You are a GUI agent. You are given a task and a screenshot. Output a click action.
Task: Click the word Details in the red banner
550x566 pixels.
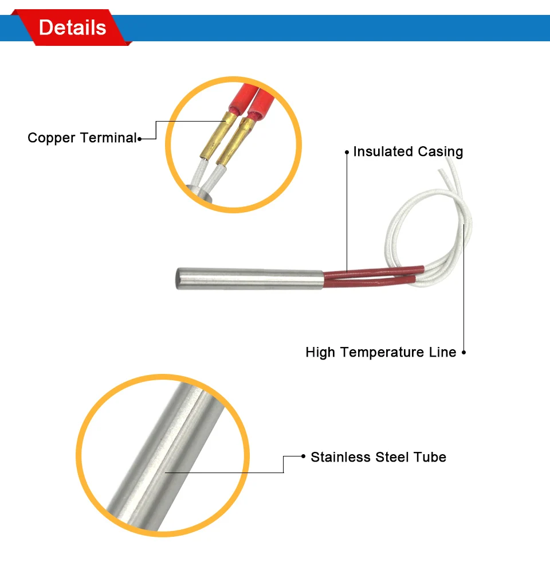pyautogui.click(x=73, y=28)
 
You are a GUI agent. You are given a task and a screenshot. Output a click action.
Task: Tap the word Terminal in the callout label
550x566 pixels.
pyautogui.click(x=108, y=138)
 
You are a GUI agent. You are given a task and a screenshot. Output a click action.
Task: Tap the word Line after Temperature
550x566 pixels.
pyautogui.click(x=442, y=352)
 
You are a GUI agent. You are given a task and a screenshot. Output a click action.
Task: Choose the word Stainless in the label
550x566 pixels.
pyautogui.click(x=341, y=457)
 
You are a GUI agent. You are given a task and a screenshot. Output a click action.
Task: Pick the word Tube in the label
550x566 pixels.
pyautogui.click(x=431, y=457)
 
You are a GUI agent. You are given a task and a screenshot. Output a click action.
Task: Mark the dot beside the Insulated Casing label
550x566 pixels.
pyautogui.click(x=347, y=152)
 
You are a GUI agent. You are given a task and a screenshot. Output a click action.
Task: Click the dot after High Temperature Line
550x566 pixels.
pyautogui.click(x=463, y=352)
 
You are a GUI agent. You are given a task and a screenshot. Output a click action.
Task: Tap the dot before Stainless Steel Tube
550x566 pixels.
pyautogui.click(x=303, y=457)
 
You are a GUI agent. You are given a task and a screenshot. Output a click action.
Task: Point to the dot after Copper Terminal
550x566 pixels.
pyautogui.click(x=140, y=138)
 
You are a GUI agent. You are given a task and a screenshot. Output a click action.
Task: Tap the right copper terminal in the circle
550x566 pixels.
pyautogui.click(x=237, y=140)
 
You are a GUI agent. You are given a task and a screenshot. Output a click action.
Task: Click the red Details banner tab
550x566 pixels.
pyautogui.click(x=72, y=28)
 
